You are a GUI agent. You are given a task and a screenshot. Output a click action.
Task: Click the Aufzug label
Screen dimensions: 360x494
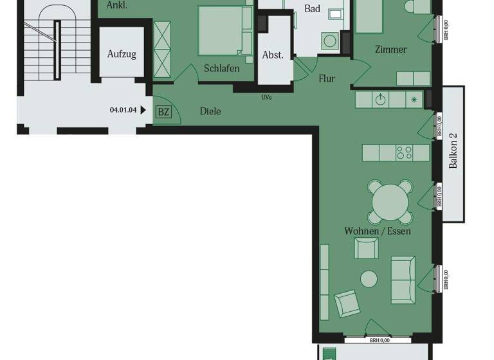tap(122, 54)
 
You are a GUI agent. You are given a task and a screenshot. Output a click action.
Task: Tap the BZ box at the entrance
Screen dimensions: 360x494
tap(164, 112)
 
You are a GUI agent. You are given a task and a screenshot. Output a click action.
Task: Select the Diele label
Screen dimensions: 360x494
tap(210, 111)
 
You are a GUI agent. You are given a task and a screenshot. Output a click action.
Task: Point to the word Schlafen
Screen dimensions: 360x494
tap(222, 68)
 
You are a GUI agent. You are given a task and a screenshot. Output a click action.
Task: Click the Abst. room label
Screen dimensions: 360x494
tap(273, 55)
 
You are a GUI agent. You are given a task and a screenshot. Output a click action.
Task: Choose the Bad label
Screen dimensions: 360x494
tap(312, 8)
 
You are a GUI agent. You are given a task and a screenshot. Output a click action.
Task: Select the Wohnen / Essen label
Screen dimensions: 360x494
tap(378, 231)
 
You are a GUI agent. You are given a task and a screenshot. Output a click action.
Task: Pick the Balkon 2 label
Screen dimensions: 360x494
tap(453, 150)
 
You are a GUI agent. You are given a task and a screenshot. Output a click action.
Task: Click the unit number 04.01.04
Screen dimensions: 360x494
tap(123, 110)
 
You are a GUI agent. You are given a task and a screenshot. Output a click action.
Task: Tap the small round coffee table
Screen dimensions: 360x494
tap(369, 278)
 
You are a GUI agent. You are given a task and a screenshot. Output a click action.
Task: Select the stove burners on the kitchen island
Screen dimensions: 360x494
tap(404, 153)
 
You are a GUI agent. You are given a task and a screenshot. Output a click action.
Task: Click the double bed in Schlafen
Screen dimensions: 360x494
tap(224, 30)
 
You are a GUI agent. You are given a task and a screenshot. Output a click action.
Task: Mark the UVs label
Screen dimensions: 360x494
tap(266, 98)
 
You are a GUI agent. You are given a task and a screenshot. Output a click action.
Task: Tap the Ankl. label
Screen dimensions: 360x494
tap(117, 4)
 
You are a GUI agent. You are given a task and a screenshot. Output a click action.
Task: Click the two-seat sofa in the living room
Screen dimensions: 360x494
tap(403, 279)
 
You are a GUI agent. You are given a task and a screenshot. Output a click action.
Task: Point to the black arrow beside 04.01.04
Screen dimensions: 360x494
tap(143, 110)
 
